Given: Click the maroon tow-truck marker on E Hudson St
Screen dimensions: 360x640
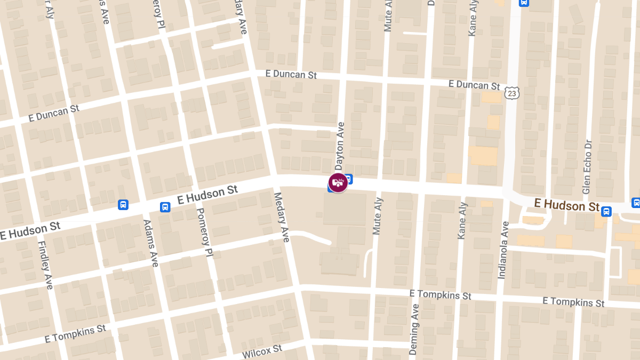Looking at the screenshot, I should click(338, 183).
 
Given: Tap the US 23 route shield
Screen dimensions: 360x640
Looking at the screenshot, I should click(513, 93).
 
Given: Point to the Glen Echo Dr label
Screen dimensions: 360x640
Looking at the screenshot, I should click(587, 167).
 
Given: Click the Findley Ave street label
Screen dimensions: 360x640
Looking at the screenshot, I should click(45, 265).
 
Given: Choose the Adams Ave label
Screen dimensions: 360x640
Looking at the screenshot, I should click(151, 243).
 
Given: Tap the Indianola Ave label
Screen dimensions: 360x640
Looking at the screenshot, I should click(502, 250).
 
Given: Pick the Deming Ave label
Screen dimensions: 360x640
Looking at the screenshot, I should click(414, 330).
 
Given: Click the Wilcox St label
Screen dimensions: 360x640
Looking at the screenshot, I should click(262, 351).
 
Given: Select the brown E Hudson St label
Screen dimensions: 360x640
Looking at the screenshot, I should click(567, 204).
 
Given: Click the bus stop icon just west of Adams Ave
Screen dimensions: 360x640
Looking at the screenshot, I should click(123, 204).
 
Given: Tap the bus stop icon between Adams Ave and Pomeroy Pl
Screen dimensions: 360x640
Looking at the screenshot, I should click(165, 207).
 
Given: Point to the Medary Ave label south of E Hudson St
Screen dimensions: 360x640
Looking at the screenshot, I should click(281, 217).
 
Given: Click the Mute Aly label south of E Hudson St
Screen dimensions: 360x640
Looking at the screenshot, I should click(378, 215).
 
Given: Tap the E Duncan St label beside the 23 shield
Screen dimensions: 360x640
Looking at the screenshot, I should click(474, 85).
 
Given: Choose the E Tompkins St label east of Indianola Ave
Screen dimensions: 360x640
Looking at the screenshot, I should click(573, 301).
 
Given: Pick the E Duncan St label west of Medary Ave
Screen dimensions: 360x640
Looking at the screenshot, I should click(54, 113).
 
